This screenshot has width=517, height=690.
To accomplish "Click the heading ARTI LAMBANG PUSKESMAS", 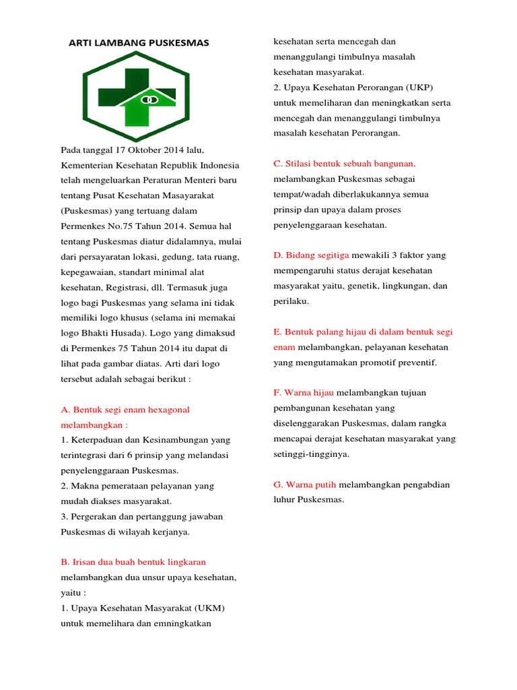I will (x=139, y=43).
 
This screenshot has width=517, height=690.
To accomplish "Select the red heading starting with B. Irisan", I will (x=133, y=561).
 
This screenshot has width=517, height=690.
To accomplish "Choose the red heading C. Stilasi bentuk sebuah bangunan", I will (x=345, y=164).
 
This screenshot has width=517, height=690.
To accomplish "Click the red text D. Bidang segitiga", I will (x=311, y=255).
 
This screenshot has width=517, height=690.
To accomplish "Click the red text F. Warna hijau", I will (x=304, y=393).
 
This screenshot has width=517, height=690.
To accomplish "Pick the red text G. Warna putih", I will (x=305, y=484).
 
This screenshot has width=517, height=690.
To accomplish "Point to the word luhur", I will (x=284, y=499).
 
